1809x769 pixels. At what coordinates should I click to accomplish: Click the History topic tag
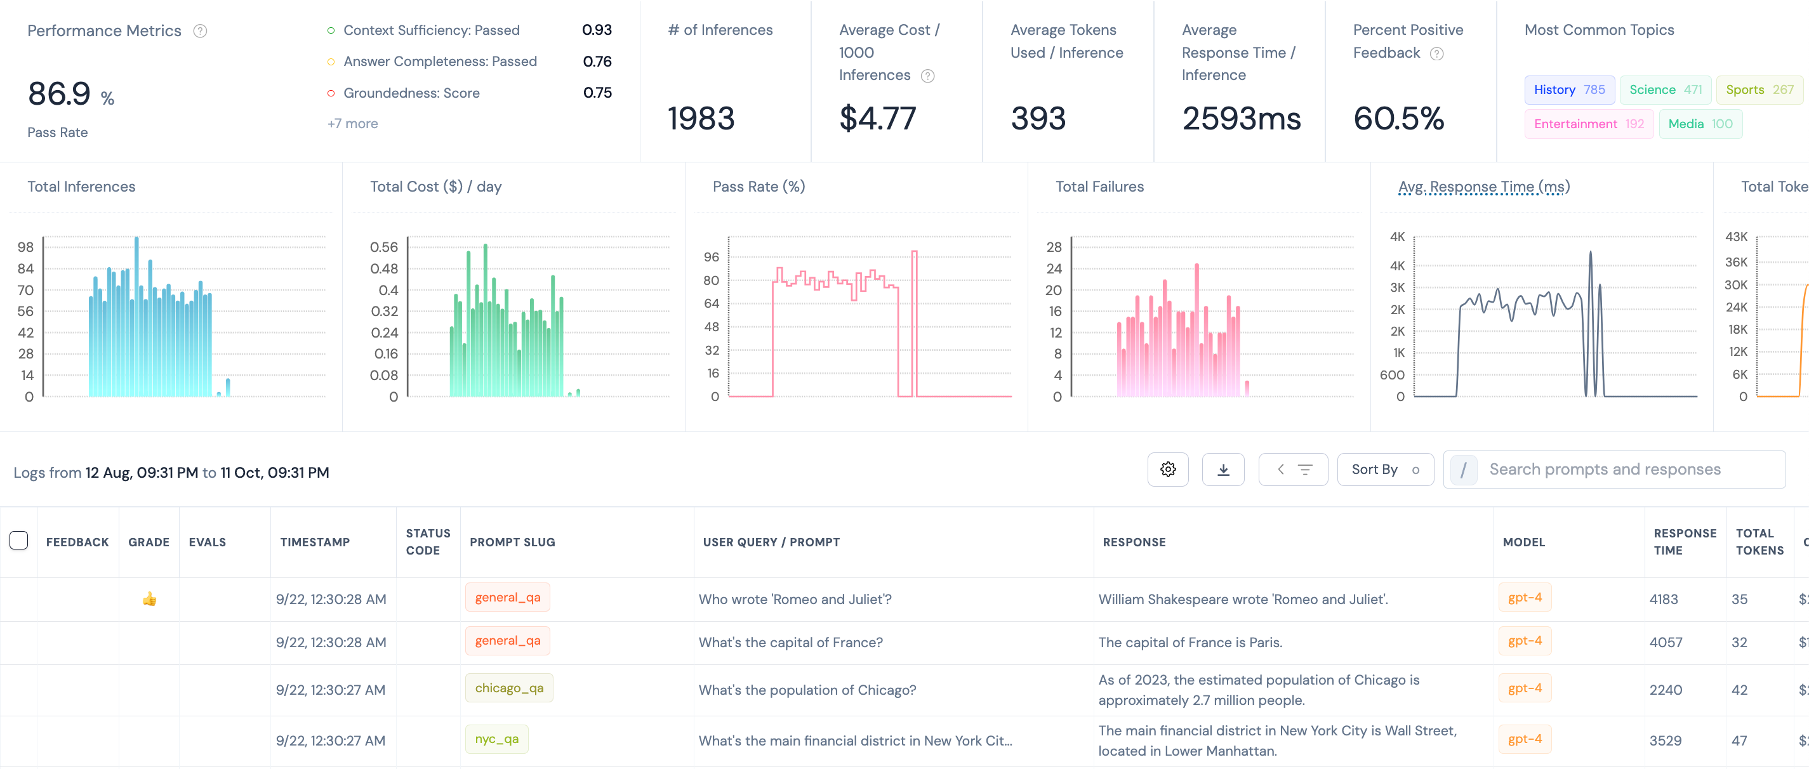[1569, 90]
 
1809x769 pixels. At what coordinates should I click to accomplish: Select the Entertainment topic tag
[1589, 124]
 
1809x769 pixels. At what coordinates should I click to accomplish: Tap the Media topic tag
[1700, 124]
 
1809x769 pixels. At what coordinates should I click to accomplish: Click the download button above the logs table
[1223, 470]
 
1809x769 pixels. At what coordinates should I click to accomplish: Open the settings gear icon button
[1168, 470]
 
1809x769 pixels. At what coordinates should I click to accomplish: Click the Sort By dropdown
[1385, 470]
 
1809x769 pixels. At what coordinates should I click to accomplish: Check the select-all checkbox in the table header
[19, 540]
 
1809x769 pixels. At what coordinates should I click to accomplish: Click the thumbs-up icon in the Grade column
[149, 599]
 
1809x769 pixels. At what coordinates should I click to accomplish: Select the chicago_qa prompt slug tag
[509, 688]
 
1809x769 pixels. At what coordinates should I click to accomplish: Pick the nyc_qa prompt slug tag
[496, 739]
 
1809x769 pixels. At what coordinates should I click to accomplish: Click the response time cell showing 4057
[1665, 643]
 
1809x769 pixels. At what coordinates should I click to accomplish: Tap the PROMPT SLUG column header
[512, 542]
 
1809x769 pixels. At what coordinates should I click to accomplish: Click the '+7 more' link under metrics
[352, 124]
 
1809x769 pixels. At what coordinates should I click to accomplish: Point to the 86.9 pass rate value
[59, 93]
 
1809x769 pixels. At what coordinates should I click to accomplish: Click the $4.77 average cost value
[878, 118]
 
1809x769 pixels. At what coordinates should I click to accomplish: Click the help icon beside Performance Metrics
[200, 31]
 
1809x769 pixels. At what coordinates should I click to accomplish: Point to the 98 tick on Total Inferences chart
[25, 247]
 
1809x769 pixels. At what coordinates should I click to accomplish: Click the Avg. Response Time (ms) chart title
[1484, 187]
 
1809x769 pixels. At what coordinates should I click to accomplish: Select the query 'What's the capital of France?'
[790, 643]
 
